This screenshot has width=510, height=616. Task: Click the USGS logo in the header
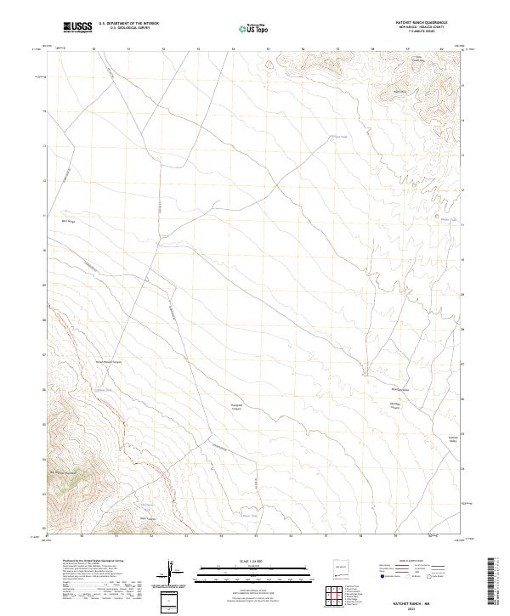tap(77, 27)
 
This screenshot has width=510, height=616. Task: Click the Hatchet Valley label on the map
tap(452, 438)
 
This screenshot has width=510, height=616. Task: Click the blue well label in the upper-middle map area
tap(340, 137)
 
